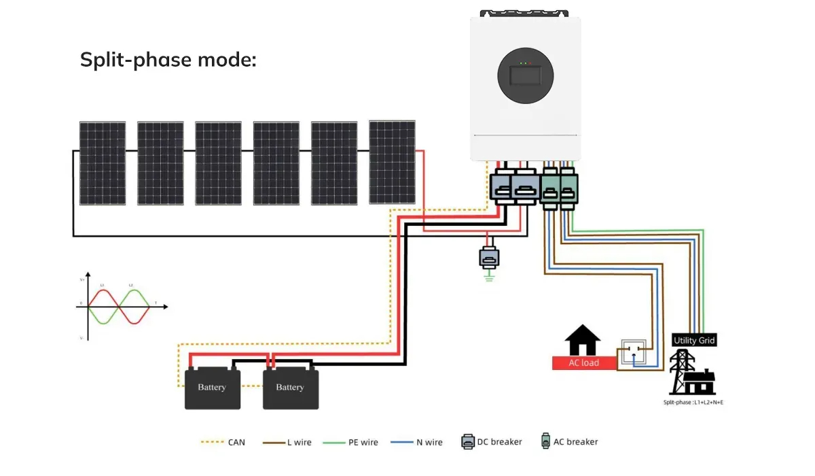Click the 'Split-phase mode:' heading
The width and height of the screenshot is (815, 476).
168,60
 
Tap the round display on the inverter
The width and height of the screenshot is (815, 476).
525,76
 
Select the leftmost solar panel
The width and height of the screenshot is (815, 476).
103,163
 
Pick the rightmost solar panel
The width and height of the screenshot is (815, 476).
392,162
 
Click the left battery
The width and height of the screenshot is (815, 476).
212,388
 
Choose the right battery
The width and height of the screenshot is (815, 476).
290,388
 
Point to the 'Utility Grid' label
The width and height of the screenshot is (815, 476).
694,340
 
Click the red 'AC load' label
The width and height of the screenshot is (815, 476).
584,362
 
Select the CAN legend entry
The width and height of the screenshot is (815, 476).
223,442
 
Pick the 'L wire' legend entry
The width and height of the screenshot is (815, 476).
291,442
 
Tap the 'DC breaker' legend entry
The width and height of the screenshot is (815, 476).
492,442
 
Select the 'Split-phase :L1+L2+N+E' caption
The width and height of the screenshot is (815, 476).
693,403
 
